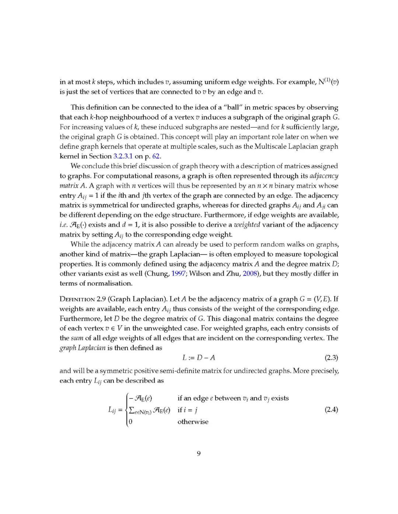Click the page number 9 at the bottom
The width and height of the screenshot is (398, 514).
pos(199,453)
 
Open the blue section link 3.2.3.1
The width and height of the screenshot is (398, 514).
pos(123,156)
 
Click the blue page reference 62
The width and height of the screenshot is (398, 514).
pos(156,156)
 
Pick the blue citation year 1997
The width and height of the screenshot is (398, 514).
pos(178,274)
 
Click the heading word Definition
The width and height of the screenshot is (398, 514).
pos(77,299)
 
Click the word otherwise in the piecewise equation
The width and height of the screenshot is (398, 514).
pos(193,422)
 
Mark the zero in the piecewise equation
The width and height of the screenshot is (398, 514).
pos(130,422)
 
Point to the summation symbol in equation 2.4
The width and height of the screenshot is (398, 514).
pos(132,410)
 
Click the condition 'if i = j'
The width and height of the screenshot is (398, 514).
pos(187,410)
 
